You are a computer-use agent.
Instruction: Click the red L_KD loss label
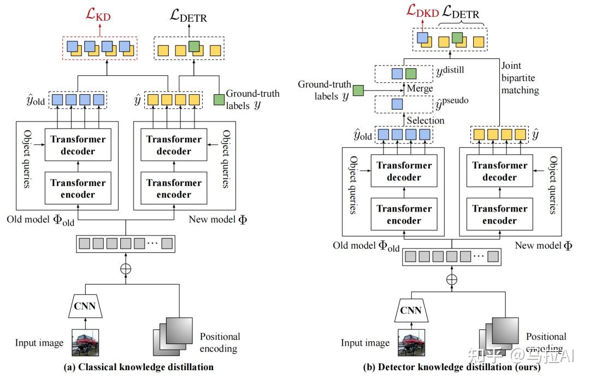point(98,15)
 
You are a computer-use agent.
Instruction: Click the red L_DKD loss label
point(423,11)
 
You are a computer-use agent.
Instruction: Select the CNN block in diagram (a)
point(85,306)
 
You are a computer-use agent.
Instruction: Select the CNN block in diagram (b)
point(411,311)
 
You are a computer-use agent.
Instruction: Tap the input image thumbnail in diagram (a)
point(85,342)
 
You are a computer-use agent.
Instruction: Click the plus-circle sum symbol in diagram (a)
point(126,268)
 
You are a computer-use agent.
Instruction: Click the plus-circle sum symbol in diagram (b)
point(451,279)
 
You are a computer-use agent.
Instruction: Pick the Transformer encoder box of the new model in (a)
point(174,189)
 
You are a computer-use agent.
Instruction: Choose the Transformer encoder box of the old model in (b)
point(404,214)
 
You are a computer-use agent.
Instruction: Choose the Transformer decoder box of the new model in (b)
point(500,171)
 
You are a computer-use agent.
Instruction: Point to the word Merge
point(421,88)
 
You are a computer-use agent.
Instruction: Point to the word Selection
point(426,120)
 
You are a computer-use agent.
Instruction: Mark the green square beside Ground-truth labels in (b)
point(358,90)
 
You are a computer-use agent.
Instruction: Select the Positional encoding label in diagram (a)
point(220,342)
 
